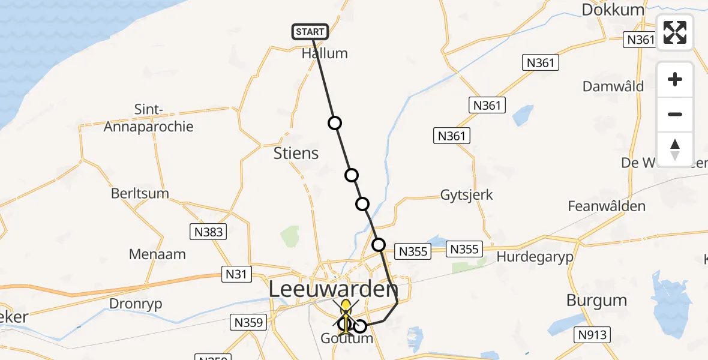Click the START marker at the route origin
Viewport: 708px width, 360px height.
[310, 31]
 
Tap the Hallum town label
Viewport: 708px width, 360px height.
[325, 53]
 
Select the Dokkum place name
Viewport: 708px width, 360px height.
[613, 10]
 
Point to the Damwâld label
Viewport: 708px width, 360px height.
[613, 86]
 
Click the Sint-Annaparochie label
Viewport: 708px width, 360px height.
[149, 118]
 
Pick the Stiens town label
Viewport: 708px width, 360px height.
[296, 153]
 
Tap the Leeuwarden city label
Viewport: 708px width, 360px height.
[333, 290]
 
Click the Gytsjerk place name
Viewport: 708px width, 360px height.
[466, 194]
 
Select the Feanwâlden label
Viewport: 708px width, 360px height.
[607, 206]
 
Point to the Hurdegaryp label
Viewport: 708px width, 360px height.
[535, 257]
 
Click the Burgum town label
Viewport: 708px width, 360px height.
[597, 300]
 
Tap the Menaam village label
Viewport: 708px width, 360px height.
[157, 254]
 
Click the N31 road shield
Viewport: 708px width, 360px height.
[236, 274]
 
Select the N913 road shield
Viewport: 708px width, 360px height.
[592, 335]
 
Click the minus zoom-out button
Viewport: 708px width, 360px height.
[675, 114]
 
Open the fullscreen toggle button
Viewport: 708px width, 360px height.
[675, 32]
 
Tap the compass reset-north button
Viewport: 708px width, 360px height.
[675, 149]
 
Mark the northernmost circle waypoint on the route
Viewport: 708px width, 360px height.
[335, 123]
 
